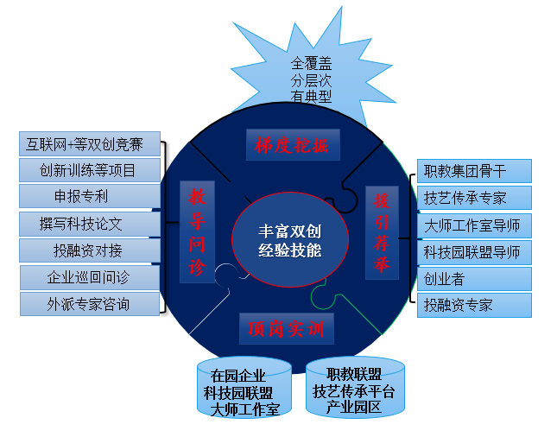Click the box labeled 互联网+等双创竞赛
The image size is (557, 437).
pyautogui.click(x=90, y=143)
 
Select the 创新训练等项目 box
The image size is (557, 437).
pyautogui.click(x=90, y=170)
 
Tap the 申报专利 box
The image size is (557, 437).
pyautogui.click(x=90, y=197)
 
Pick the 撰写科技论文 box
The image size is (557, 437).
pyautogui.click(x=90, y=224)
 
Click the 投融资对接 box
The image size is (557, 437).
pyautogui.click(x=90, y=250)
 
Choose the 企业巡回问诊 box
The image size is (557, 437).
pyautogui.click(x=90, y=277)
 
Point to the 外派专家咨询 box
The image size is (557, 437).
pyautogui.click(x=90, y=304)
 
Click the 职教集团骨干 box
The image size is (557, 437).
pyautogui.click(x=474, y=171)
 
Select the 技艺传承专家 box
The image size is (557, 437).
pyautogui.click(x=474, y=198)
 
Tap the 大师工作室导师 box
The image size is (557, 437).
pyautogui.click(x=474, y=225)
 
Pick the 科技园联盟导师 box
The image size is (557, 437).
pyautogui.click(x=474, y=252)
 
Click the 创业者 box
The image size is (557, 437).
pyautogui.click(x=474, y=279)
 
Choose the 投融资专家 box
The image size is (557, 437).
pyautogui.click(x=474, y=306)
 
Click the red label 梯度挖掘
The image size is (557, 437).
pyautogui.click(x=292, y=144)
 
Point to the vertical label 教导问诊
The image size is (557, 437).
pyautogui.click(x=196, y=231)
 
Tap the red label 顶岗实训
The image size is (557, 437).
pyautogui.click(x=285, y=328)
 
